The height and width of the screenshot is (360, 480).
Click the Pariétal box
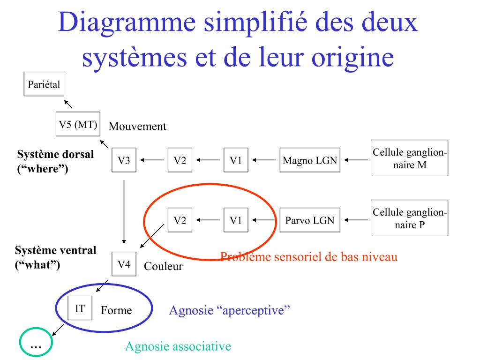[x=44, y=85]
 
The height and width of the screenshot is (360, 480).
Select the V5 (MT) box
[x=78, y=124]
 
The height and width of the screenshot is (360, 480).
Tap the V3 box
[x=124, y=160]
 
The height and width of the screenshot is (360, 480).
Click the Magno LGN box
[x=310, y=160]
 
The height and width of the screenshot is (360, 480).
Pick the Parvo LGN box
[x=310, y=220]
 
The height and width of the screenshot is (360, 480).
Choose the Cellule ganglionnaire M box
[x=410, y=158]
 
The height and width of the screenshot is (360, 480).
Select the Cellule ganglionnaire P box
[x=410, y=217]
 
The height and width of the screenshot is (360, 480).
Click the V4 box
[x=124, y=264]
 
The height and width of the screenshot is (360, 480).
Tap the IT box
[x=80, y=308]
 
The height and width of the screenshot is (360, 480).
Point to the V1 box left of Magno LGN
[x=236, y=160]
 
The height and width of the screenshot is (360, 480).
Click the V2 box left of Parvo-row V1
[x=180, y=220]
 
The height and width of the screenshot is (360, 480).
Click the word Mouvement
[x=137, y=126]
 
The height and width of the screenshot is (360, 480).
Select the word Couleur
[x=163, y=267]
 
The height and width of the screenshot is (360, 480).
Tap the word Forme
[x=117, y=310]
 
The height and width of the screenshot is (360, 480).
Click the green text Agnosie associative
[x=178, y=347]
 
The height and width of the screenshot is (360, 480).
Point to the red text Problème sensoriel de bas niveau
[x=309, y=257]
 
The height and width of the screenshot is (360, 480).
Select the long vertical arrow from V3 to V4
[x=124, y=211]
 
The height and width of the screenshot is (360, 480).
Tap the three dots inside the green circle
[x=36, y=345]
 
